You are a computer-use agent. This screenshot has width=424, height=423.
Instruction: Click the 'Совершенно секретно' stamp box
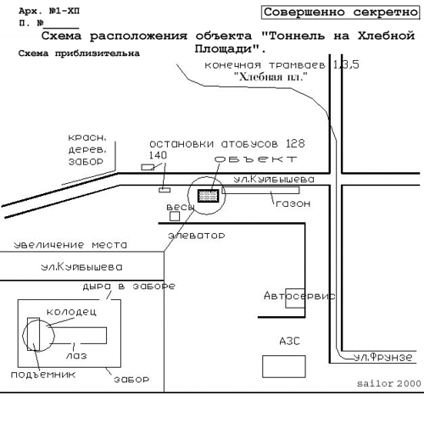pyautogui.click(x=340, y=13)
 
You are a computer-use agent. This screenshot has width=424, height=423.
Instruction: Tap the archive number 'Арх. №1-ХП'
pyautogui.click(x=49, y=11)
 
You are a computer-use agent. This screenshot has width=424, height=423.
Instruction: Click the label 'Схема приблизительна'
pyautogui.click(x=79, y=53)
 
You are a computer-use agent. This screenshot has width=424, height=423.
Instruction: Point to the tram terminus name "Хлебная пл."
pyautogui.click(x=271, y=76)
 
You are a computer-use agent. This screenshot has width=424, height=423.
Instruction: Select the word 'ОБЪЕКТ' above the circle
pyautogui.click(x=256, y=159)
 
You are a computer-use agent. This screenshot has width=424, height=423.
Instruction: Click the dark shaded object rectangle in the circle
pyautogui.click(x=209, y=196)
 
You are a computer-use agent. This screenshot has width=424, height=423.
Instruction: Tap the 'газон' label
pyautogui.click(x=293, y=203)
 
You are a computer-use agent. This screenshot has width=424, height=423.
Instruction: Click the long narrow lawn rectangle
pyautogui.click(x=260, y=190)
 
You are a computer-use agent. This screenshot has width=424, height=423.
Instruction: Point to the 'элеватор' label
pyautogui.click(x=197, y=236)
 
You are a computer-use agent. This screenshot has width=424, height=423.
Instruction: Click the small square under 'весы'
pyautogui.click(x=175, y=216)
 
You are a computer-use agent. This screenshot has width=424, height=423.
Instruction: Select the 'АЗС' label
pyautogui.click(x=289, y=341)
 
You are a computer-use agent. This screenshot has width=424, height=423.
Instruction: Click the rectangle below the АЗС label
pyautogui.click(x=284, y=366)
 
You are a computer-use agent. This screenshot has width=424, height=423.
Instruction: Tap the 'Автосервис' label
pyautogui.click(x=299, y=296)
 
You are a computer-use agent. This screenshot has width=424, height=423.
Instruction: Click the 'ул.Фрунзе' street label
pyautogui.click(x=383, y=357)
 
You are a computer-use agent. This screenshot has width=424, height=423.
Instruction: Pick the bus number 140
pyautogui.click(x=158, y=155)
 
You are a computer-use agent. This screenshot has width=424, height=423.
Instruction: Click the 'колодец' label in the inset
pyautogui.click(x=71, y=312)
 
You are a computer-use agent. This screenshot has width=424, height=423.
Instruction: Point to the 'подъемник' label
pyautogui.click(x=43, y=375)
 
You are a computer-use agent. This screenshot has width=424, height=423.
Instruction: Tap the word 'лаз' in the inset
pyautogui.click(x=76, y=356)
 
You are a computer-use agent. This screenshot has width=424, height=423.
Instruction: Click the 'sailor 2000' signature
pyautogui.click(x=389, y=383)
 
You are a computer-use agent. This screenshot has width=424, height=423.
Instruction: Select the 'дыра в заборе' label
pyautogui.click(x=129, y=287)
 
